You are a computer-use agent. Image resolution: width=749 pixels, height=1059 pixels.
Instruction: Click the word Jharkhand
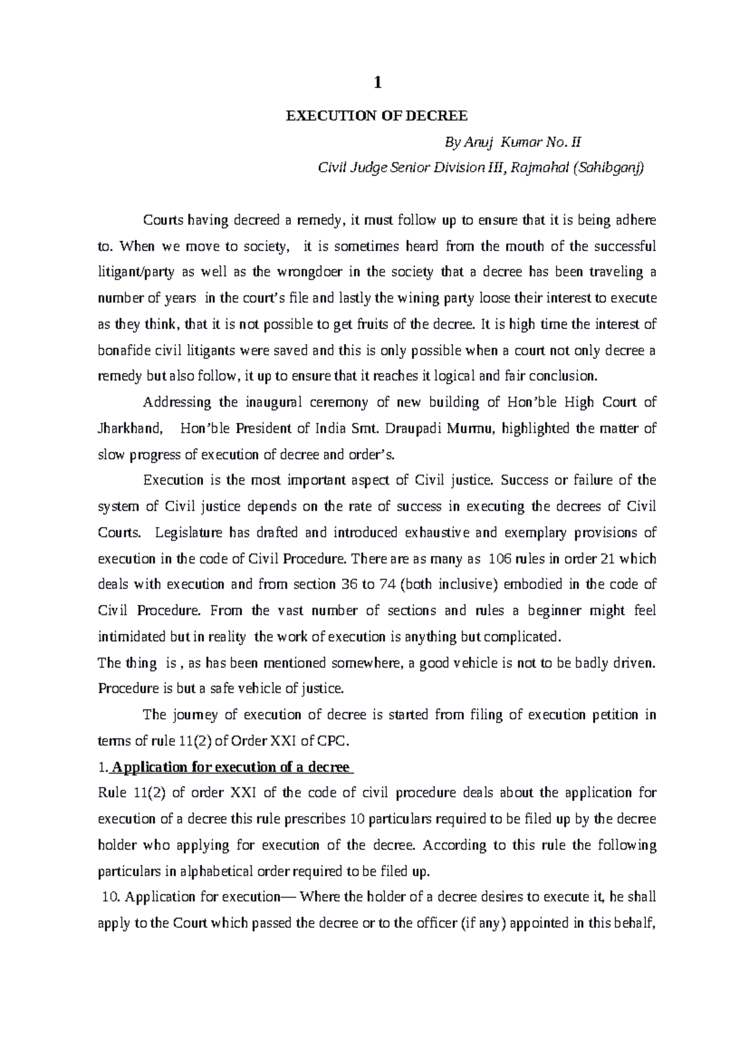(132, 428)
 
